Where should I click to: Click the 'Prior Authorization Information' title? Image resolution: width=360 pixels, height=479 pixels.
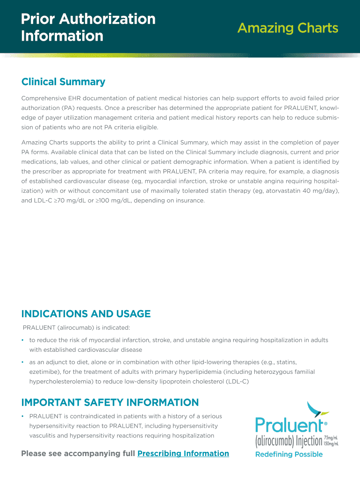pos(88,27)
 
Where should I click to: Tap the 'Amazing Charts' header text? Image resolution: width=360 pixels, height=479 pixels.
pos(288,28)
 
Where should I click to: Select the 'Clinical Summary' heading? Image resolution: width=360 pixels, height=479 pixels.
pos(63,82)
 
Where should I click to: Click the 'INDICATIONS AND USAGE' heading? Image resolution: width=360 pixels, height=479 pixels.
pos(86,313)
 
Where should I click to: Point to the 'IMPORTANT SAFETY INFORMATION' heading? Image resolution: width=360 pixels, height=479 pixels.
pos(110,402)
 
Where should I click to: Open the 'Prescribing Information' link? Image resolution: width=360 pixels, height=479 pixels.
pos(183,453)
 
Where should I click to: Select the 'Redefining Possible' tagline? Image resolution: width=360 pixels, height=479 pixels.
pos(288,454)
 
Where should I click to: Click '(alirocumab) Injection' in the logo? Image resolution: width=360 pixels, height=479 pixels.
pos(288,441)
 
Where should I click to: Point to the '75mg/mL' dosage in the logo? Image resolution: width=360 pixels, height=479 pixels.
pos(331,438)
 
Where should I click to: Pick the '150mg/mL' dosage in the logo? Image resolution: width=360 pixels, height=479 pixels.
pos(331,443)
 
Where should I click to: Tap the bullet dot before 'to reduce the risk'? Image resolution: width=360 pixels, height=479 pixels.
pos(23,340)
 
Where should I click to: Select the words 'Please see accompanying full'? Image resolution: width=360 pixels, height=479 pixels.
pos(78,453)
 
